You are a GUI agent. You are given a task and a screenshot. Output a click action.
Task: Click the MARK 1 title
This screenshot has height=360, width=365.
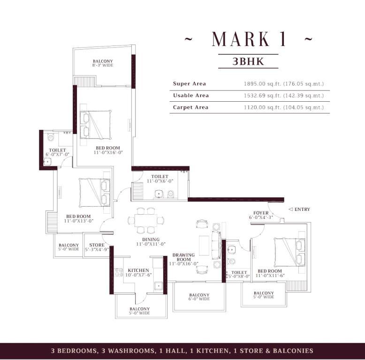tap(249, 39)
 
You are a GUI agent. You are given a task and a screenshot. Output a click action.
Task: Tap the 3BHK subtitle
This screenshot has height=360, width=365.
tap(248, 61)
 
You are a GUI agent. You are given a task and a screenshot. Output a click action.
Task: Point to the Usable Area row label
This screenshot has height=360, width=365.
tap(191, 95)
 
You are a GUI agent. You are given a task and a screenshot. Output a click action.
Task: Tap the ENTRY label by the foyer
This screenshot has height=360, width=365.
tap(302, 210)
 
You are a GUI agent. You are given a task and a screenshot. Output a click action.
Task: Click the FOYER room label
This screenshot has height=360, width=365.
tap(261, 213)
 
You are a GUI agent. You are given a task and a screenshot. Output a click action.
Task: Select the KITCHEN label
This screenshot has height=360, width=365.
tap(138, 270)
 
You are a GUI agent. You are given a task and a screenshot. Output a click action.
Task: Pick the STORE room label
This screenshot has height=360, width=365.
tap(97, 245)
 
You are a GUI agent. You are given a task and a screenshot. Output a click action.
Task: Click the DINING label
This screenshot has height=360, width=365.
tap(151, 240)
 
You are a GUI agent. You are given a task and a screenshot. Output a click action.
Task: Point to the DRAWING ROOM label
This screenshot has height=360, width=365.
tap(183, 257)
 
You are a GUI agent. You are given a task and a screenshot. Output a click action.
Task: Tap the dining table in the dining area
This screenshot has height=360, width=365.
tap(146, 220)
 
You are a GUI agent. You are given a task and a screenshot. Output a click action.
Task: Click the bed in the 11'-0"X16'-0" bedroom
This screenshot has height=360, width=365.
tap(95, 125)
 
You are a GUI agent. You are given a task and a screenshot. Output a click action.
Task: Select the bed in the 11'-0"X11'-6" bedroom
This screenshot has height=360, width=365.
tap(289, 252)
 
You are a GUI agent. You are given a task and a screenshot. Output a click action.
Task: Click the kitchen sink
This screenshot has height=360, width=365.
tap(158, 286)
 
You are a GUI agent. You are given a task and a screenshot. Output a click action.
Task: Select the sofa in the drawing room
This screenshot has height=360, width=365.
tap(216, 245)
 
